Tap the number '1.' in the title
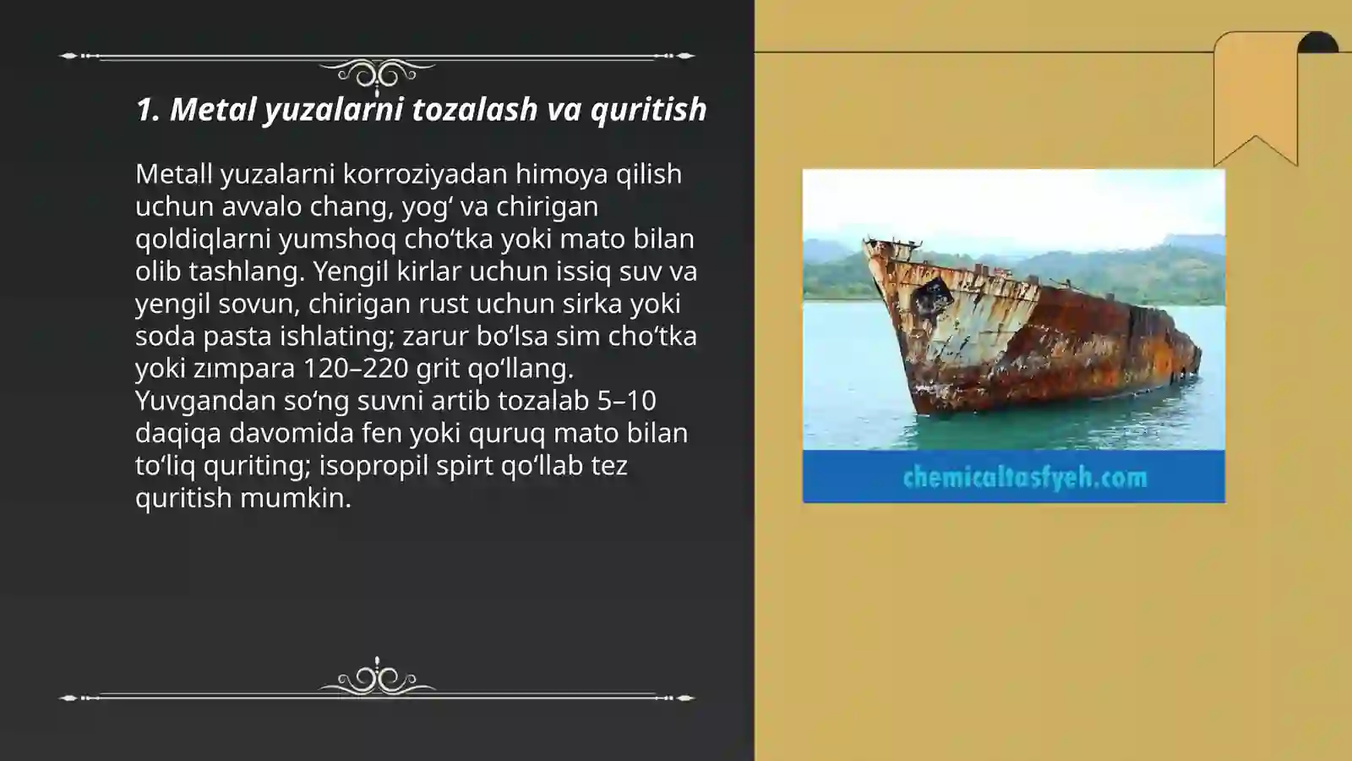[148, 109]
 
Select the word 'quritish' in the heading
[648, 109]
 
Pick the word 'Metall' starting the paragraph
[173, 173]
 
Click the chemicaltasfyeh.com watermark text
[1024, 478]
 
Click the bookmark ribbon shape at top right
[1255, 93]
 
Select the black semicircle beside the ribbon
[1318, 43]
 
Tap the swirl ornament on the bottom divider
[377, 679]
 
